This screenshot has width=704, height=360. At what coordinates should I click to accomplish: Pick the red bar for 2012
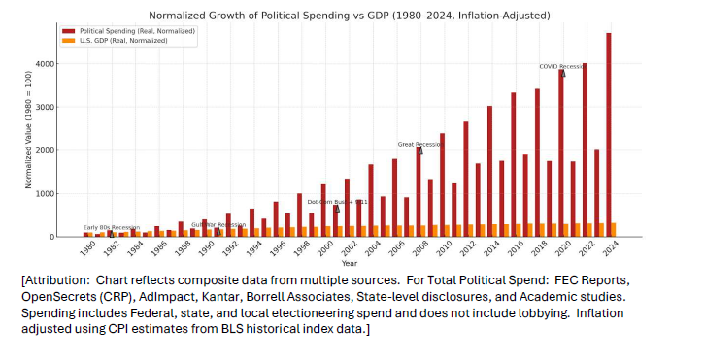point(466,179)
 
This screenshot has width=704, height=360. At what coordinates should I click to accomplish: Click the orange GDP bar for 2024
point(614,229)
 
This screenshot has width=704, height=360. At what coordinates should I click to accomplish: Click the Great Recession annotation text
point(419,144)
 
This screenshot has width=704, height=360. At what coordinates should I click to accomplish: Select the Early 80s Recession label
point(111,227)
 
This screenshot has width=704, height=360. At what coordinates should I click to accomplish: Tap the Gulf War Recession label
point(218,224)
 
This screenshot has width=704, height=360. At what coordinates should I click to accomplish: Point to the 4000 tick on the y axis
point(69,64)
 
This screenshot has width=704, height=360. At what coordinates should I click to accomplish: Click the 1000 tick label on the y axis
point(69,193)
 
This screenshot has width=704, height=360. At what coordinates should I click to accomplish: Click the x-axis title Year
point(350,263)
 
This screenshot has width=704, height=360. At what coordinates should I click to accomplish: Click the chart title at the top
point(351,16)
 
